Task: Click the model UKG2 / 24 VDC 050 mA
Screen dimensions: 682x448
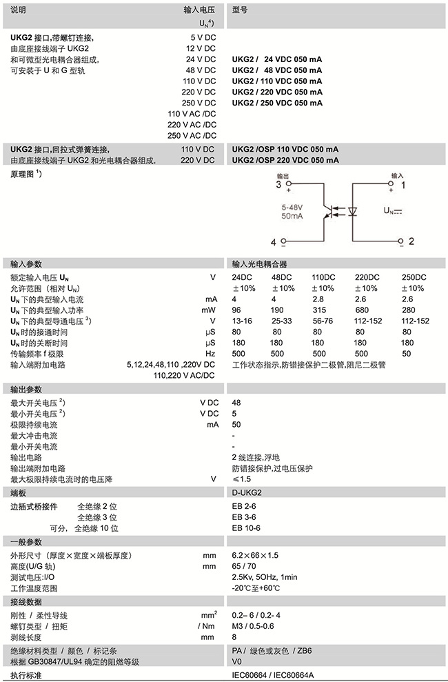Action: pyautogui.click(x=276, y=59)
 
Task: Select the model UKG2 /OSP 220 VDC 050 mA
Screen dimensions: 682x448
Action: pyautogui.click(x=285, y=161)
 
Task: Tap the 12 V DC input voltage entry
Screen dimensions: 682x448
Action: pyautogui.click(x=201, y=48)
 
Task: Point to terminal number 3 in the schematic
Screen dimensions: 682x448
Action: pyautogui.click(x=278, y=185)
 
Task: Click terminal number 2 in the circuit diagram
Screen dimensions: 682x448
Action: pyautogui.click(x=411, y=241)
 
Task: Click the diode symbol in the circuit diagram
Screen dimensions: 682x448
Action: pyautogui.click(x=352, y=210)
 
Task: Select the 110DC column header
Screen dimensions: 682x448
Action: pyautogui.click(x=323, y=277)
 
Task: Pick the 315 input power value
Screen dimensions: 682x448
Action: pyautogui.click(x=318, y=310)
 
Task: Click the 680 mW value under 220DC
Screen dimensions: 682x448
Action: pyautogui.click(x=360, y=310)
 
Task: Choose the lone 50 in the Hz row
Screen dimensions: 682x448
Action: pyautogui.click(x=405, y=354)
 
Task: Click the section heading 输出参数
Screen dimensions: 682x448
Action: pyautogui.click(x=26, y=390)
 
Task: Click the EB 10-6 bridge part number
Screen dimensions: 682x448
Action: pyautogui.click(x=246, y=528)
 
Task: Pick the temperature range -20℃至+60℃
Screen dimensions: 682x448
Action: pyautogui.click(x=256, y=588)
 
